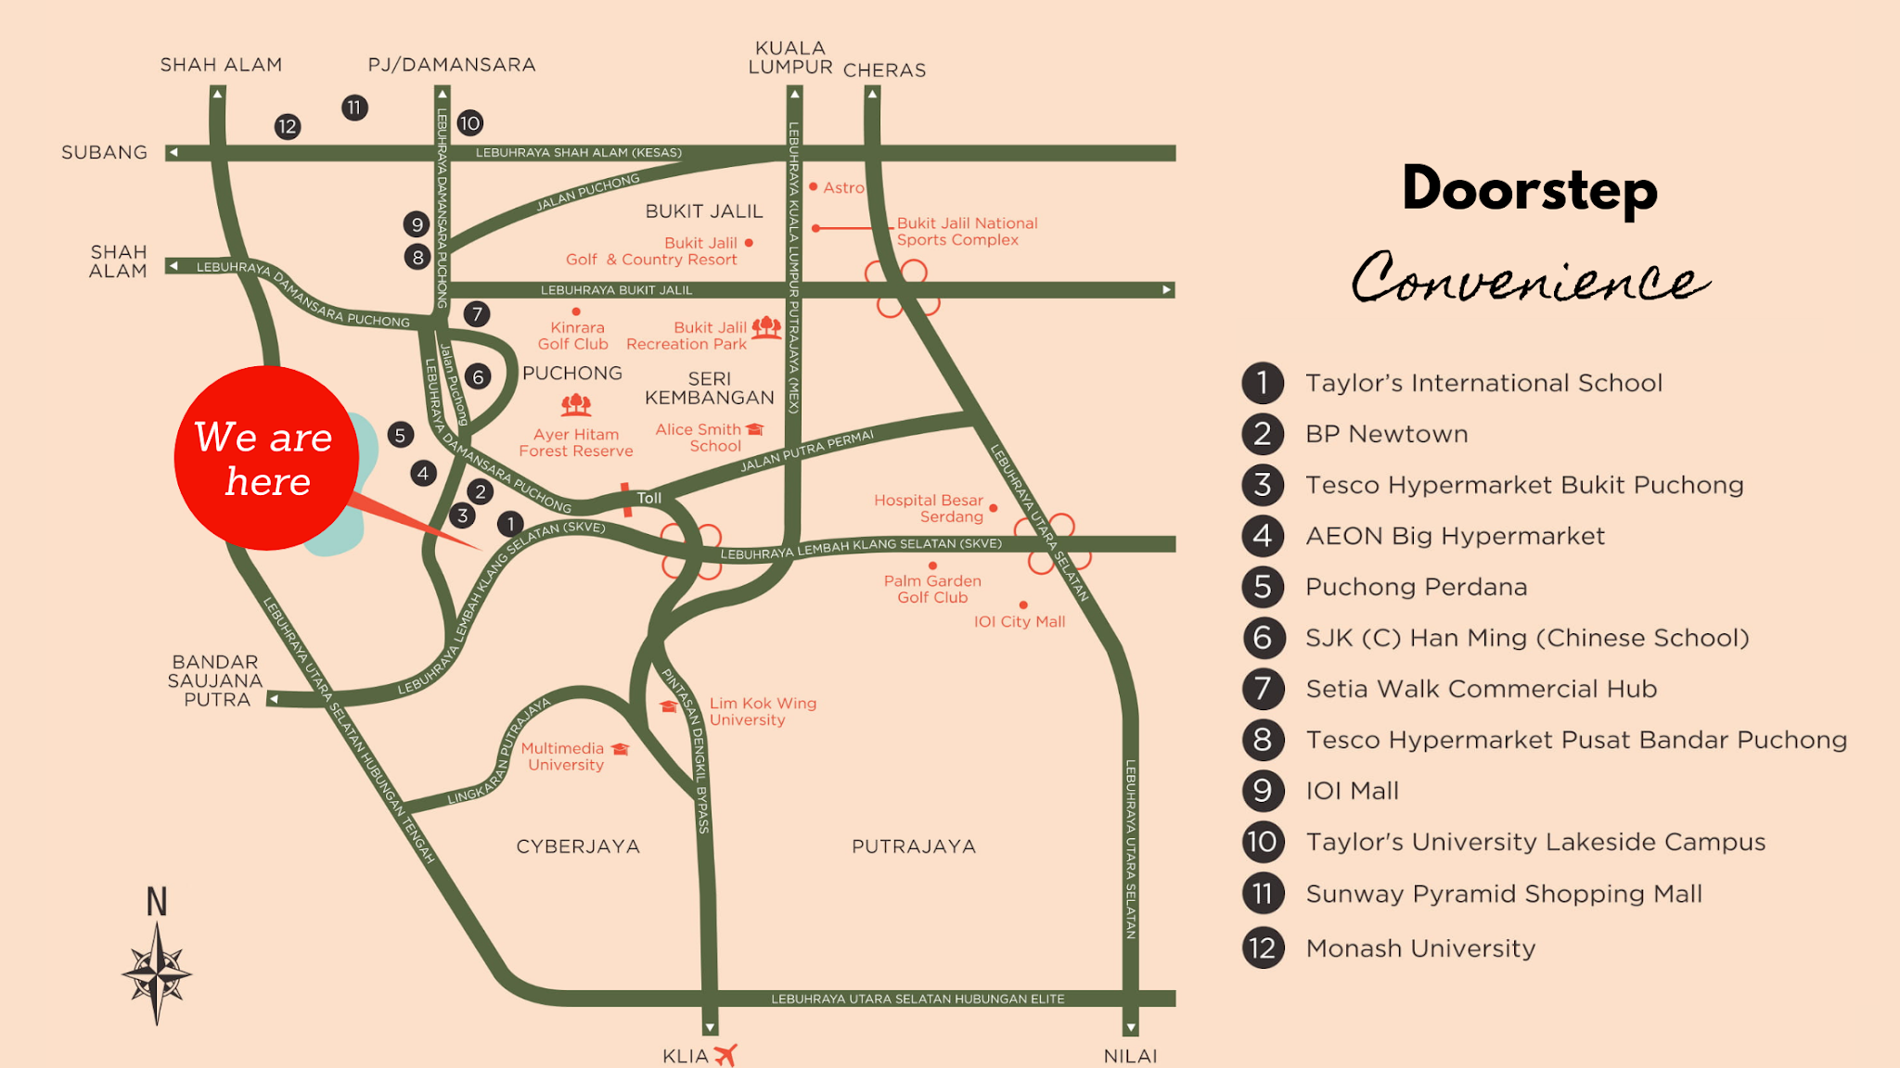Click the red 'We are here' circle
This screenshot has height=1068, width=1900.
(x=266, y=458)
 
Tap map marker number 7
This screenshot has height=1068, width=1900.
(x=477, y=313)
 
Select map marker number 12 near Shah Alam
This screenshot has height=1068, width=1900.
(x=288, y=127)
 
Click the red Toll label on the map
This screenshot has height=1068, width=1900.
(x=648, y=498)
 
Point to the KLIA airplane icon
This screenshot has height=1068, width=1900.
(x=725, y=1054)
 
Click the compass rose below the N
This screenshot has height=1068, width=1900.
(x=157, y=973)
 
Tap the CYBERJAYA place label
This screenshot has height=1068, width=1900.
(x=578, y=846)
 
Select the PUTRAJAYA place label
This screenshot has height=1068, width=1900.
(x=914, y=846)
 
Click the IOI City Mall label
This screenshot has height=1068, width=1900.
(x=1019, y=621)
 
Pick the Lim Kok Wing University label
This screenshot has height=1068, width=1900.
(x=763, y=711)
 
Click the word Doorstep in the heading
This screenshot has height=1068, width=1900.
(x=1529, y=189)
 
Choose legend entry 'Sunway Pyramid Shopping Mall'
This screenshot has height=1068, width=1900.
(x=1503, y=894)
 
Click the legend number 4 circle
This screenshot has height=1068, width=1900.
(x=1263, y=536)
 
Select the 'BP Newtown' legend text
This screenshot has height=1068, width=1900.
(x=1386, y=434)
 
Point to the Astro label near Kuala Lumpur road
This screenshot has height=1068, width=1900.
(x=843, y=187)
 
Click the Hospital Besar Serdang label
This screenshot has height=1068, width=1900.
(x=929, y=508)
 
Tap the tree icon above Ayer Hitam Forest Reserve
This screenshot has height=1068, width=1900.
(x=576, y=404)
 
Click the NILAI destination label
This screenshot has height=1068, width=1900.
(x=1130, y=1056)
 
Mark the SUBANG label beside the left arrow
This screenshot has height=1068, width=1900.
(x=104, y=152)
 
